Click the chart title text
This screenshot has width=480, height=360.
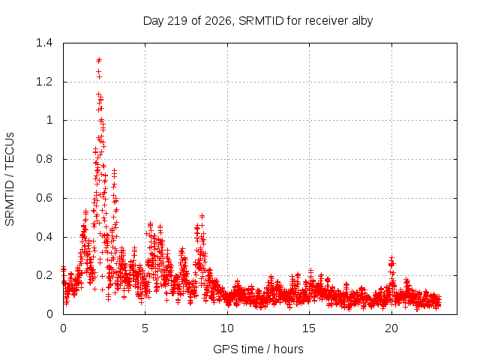coord(258,21)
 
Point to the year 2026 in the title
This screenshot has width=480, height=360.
coord(218,21)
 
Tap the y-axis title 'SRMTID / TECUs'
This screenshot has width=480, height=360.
coord(10,179)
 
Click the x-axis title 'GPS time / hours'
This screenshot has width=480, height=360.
coord(258,349)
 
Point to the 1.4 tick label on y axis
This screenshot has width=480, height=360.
coord(44,43)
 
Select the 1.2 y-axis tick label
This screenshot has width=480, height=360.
coord(44,82)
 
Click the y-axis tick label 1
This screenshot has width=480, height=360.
coord(49,120)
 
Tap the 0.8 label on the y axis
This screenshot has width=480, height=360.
coord(44,159)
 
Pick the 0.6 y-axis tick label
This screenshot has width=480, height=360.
coord(44,198)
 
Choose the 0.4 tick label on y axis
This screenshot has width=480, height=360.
coord(44,237)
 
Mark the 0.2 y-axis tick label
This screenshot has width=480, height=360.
coord(44,275)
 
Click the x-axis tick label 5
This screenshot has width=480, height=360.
coord(145,328)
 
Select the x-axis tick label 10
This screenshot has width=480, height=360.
coord(226,328)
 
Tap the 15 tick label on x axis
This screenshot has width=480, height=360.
coord(309,328)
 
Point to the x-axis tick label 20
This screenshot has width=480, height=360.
coord(391,328)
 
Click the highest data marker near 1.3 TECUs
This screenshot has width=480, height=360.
coord(99,60)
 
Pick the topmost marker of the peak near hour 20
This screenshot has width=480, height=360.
coord(391,259)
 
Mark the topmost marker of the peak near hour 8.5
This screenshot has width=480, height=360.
coord(202,216)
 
